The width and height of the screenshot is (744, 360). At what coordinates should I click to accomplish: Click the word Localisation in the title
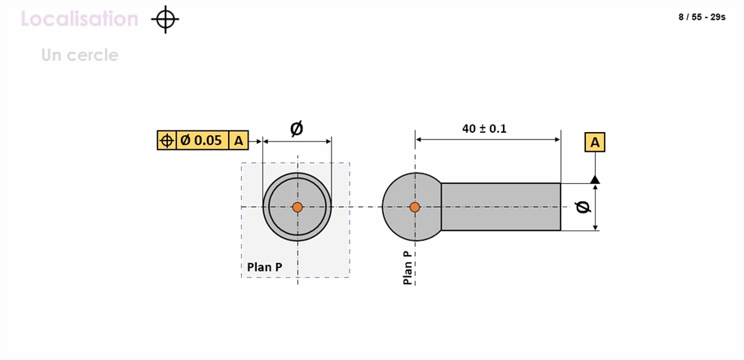(80, 19)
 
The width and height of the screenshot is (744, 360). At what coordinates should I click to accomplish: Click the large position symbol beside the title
(165, 20)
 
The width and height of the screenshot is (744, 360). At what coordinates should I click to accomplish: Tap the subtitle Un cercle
(80, 55)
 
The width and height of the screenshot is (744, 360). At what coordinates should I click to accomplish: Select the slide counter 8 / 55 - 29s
(702, 17)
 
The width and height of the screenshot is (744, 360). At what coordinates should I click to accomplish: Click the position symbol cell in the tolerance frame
(166, 140)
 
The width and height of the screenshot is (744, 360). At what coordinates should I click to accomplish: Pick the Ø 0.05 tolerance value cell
(202, 140)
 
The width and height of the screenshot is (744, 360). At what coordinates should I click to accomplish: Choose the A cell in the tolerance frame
(239, 140)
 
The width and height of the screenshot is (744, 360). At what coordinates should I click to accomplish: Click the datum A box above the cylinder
(595, 142)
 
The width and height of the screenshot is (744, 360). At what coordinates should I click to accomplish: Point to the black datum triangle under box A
(595, 179)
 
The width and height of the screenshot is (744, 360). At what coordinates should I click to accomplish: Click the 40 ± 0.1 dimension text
(484, 129)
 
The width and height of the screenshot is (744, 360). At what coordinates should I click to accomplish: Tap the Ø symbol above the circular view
(297, 128)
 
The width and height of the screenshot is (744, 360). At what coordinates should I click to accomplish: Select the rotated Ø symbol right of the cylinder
(583, 207)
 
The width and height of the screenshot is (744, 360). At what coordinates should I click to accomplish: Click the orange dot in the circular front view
(297, 207)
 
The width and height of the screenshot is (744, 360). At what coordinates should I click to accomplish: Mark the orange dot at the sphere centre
(415, 207)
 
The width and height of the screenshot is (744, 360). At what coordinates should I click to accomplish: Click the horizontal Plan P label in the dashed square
(264, 267)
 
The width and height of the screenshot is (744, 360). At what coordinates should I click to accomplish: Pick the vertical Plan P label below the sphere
(407, 267)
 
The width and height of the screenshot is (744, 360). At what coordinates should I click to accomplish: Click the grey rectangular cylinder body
(501, 207)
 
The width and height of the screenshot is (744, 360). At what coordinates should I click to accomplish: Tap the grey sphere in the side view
(412, 207)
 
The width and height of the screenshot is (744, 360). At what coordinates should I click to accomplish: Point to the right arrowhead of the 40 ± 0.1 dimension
(557, 140)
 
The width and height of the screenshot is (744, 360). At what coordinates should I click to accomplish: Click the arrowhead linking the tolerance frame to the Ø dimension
(258, 142)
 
